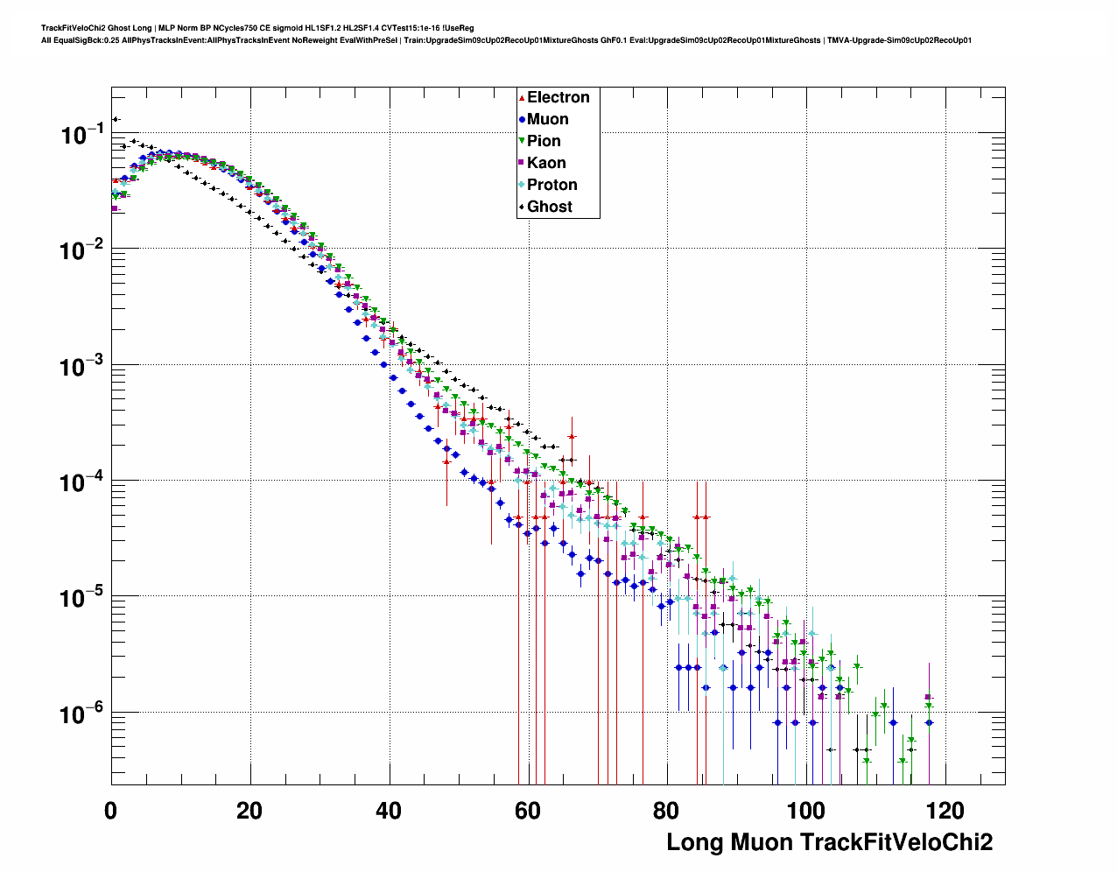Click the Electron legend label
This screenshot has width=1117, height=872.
point(558,97)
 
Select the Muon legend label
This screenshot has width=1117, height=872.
point(547,119)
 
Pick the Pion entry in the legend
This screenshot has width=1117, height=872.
point(544,141)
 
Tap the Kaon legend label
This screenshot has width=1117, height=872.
point(546,163)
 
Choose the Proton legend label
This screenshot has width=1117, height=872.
point(551,185)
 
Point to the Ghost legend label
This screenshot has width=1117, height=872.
point(549,207)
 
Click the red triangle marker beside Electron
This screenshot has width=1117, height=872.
point(522,98)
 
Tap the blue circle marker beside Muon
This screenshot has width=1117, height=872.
point(522,120)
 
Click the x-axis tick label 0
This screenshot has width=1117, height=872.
point(110,812)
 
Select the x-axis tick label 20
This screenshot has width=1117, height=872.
point(249,812)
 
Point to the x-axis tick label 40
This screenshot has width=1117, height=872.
point(389,812)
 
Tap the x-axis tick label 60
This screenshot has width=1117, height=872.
point(528,812)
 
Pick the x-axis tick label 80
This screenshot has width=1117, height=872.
point(666,812)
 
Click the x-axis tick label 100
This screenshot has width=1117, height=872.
point(805,812)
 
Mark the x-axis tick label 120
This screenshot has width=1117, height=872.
point(945,812)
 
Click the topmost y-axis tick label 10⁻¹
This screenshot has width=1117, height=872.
point(82,134)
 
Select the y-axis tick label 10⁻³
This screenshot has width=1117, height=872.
point(82,366)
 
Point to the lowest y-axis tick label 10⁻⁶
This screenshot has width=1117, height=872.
point(82,714)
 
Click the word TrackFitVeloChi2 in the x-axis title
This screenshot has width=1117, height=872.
point(896,842)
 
